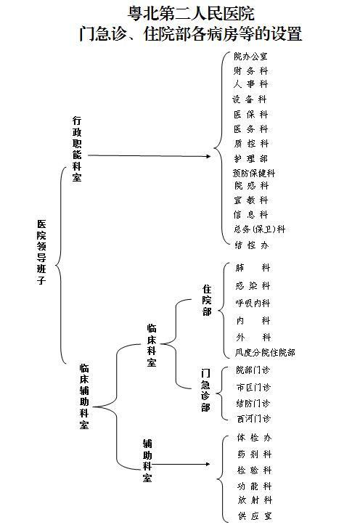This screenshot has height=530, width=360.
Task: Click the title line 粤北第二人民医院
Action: click(191, 14)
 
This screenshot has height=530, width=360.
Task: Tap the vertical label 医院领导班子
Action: click(41, 252)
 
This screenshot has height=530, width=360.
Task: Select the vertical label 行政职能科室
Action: click(77, 149)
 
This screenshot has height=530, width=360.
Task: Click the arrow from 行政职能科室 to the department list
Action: click(149, 156)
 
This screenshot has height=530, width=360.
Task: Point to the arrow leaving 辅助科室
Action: click(181, 464)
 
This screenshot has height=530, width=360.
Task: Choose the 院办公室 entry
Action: click(250, 57)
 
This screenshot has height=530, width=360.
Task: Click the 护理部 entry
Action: click(251, 158)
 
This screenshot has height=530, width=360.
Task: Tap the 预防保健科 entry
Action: click(254, 173)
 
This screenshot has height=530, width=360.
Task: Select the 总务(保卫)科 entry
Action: click(260, 229)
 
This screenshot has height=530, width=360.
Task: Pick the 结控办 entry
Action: click(252, 245)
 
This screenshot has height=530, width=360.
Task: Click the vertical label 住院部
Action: click(207, 300)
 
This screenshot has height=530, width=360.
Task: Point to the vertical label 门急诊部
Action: click(205, 390)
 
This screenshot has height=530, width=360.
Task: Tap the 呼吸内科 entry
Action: click(253, 303)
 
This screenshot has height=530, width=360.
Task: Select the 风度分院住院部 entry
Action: click(265, 353)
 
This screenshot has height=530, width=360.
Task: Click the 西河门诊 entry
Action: click(254, 418)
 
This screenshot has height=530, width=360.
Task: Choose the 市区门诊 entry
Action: click(253, 387)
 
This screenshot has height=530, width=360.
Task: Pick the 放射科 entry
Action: click(255, 500)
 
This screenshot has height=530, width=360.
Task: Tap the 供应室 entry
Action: click(255, 515)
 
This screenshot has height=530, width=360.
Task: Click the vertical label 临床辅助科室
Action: click(84, 396)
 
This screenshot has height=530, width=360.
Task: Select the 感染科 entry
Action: click(253, 286)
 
